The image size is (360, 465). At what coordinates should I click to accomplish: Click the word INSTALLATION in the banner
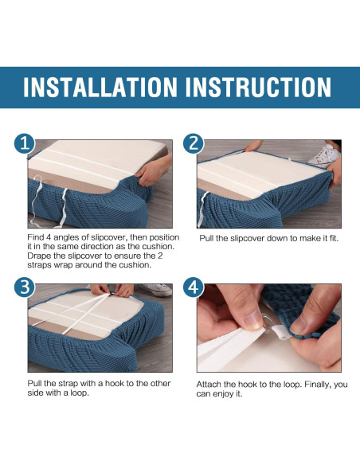[x=100, y=87]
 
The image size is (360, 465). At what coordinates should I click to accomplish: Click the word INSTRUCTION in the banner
[x=258, y=87]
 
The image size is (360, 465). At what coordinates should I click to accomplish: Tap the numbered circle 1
[x=25, y=143]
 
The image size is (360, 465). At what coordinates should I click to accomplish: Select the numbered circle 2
[x=194, y=143]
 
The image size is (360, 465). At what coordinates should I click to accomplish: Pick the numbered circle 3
[x=25, y=287]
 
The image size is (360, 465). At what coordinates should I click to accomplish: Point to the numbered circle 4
[x=194, y=287]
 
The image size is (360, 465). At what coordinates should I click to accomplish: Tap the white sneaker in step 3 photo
[x=156, y=289]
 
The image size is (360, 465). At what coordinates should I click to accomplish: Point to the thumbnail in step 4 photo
[x=253, y=321]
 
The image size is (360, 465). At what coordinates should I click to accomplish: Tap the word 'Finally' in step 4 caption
[x=318, y=385]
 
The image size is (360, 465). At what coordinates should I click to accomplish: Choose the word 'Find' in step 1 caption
[x=35, y=237]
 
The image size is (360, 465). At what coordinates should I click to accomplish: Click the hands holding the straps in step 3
[x=112, y=290]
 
